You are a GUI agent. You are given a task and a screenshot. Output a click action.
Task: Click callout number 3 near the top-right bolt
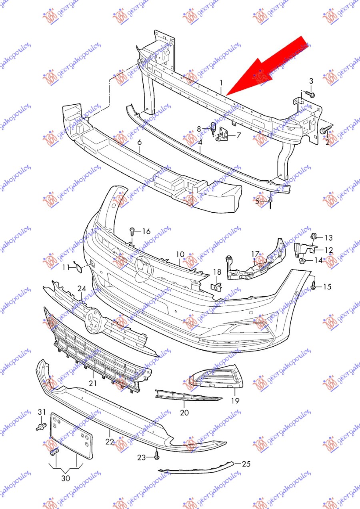pyautogui.click(x=311, y=81)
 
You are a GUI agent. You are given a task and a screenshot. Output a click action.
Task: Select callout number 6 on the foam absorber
pyautogui.click(x=140, y=142)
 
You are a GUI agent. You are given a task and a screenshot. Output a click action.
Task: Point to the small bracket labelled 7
pyautogui.click(x=222, y=134)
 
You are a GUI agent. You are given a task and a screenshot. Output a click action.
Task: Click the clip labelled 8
pyautogui.click(x=214, y=128)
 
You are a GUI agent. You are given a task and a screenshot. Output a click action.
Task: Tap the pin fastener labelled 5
pyautogui.click(x=270, y=202)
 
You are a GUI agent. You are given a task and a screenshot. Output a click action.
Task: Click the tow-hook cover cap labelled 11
pyautogui.click(x=78, y=268)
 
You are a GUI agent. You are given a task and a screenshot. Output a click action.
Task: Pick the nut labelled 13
pyautogui.click(x=313, y=236)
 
